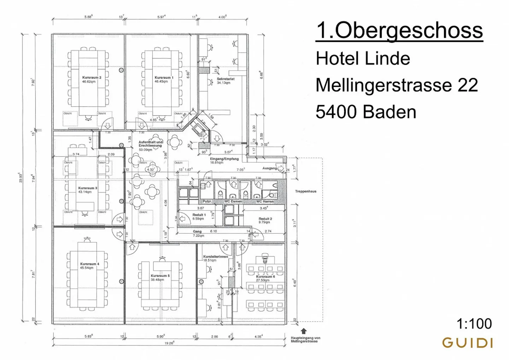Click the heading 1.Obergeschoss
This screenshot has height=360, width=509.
pos(399,30)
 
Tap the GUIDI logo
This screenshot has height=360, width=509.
pos(467,343)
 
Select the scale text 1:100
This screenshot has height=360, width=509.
pos(474,324)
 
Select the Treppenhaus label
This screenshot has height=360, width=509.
pos(306,191)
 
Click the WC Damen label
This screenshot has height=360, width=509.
pos(233,201)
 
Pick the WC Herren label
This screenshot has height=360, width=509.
pos(265,201)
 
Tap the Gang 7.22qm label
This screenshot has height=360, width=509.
pos(198,234)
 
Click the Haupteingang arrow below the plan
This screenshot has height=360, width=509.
pos(303,331)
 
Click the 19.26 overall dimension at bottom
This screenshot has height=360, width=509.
pos(169,343)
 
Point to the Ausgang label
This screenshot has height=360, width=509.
pos(269,168)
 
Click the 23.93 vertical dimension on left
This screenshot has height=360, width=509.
pos(21,177)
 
